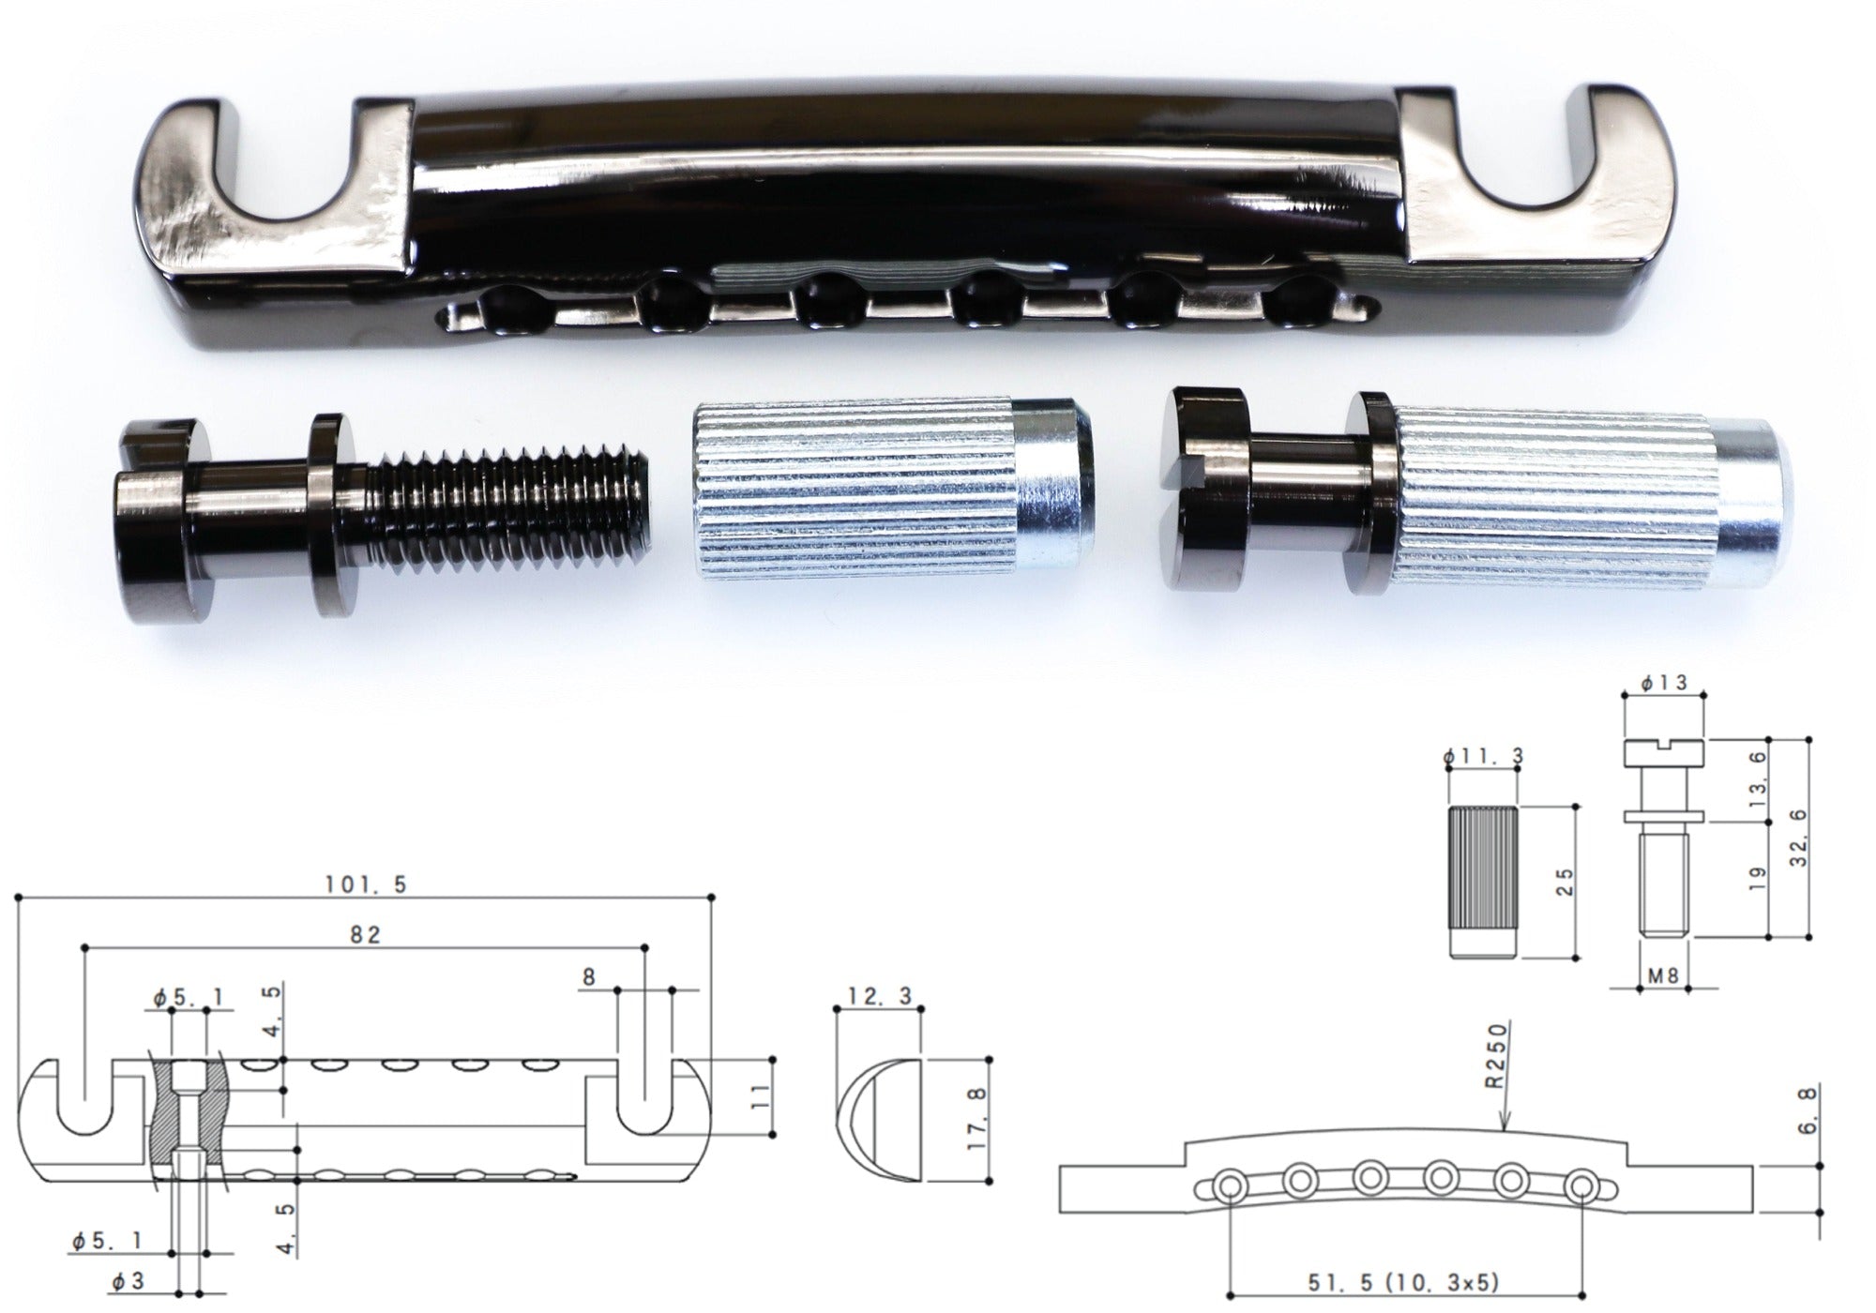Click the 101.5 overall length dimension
366,884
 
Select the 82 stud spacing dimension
367,935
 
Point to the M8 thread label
1662,975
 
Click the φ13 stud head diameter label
1664,683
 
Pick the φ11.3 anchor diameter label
1485,756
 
